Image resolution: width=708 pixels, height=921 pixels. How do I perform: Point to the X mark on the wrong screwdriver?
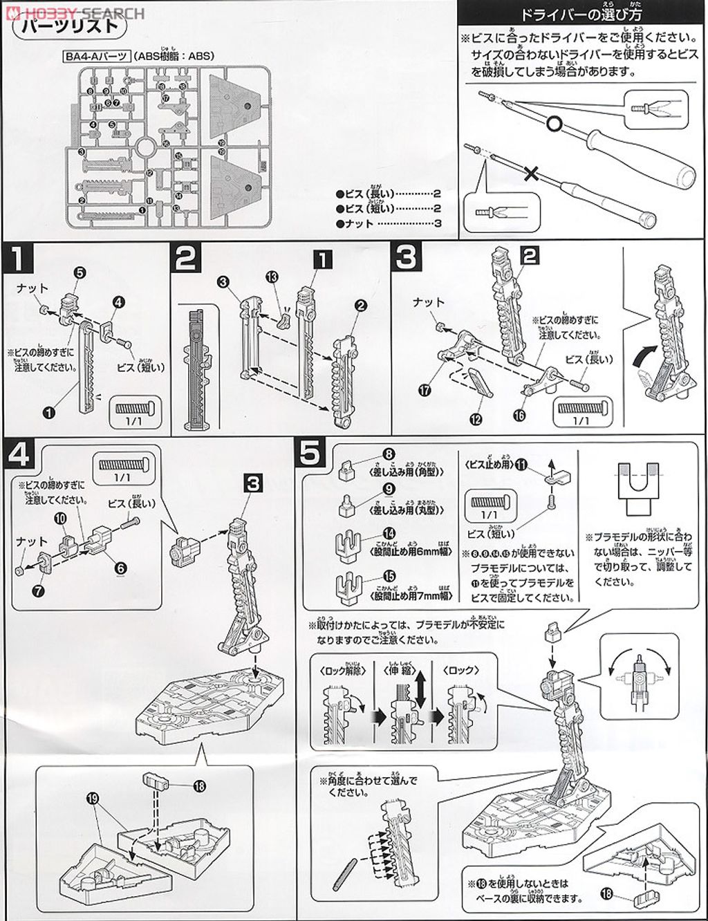pos(532,175)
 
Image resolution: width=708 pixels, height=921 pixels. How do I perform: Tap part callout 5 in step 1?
pos(80,274)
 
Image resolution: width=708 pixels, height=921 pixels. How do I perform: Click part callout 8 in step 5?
pos(389,454)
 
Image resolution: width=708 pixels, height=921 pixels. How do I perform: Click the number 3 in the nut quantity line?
pos(438,224)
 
